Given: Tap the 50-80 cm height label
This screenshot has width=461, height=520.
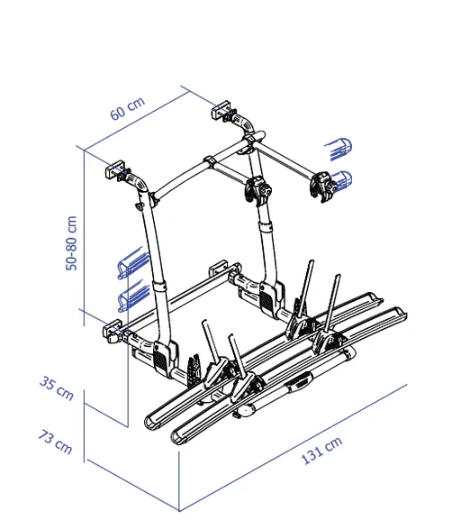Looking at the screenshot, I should tap(72, 241).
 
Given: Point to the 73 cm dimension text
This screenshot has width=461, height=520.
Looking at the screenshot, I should tap(56, 442).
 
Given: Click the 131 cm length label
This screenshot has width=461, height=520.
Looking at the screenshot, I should tap(321, 452).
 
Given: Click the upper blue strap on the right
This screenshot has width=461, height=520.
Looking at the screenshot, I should tap(340, 146).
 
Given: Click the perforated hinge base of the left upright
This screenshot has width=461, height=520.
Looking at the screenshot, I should tap(162, 357).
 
